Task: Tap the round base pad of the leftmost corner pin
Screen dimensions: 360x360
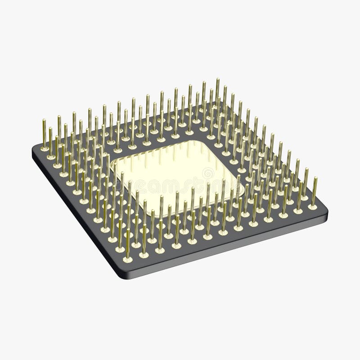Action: (45, 152)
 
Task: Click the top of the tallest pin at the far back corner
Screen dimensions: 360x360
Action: (217, 80)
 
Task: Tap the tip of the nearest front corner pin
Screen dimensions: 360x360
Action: (128, 230)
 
